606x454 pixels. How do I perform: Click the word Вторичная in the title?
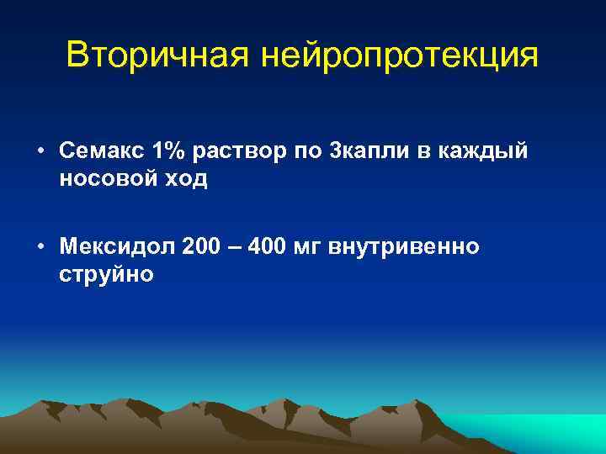click(157, 56)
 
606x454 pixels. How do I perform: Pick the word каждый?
click(497, 152)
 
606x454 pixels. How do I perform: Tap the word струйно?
click(106, 277)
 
